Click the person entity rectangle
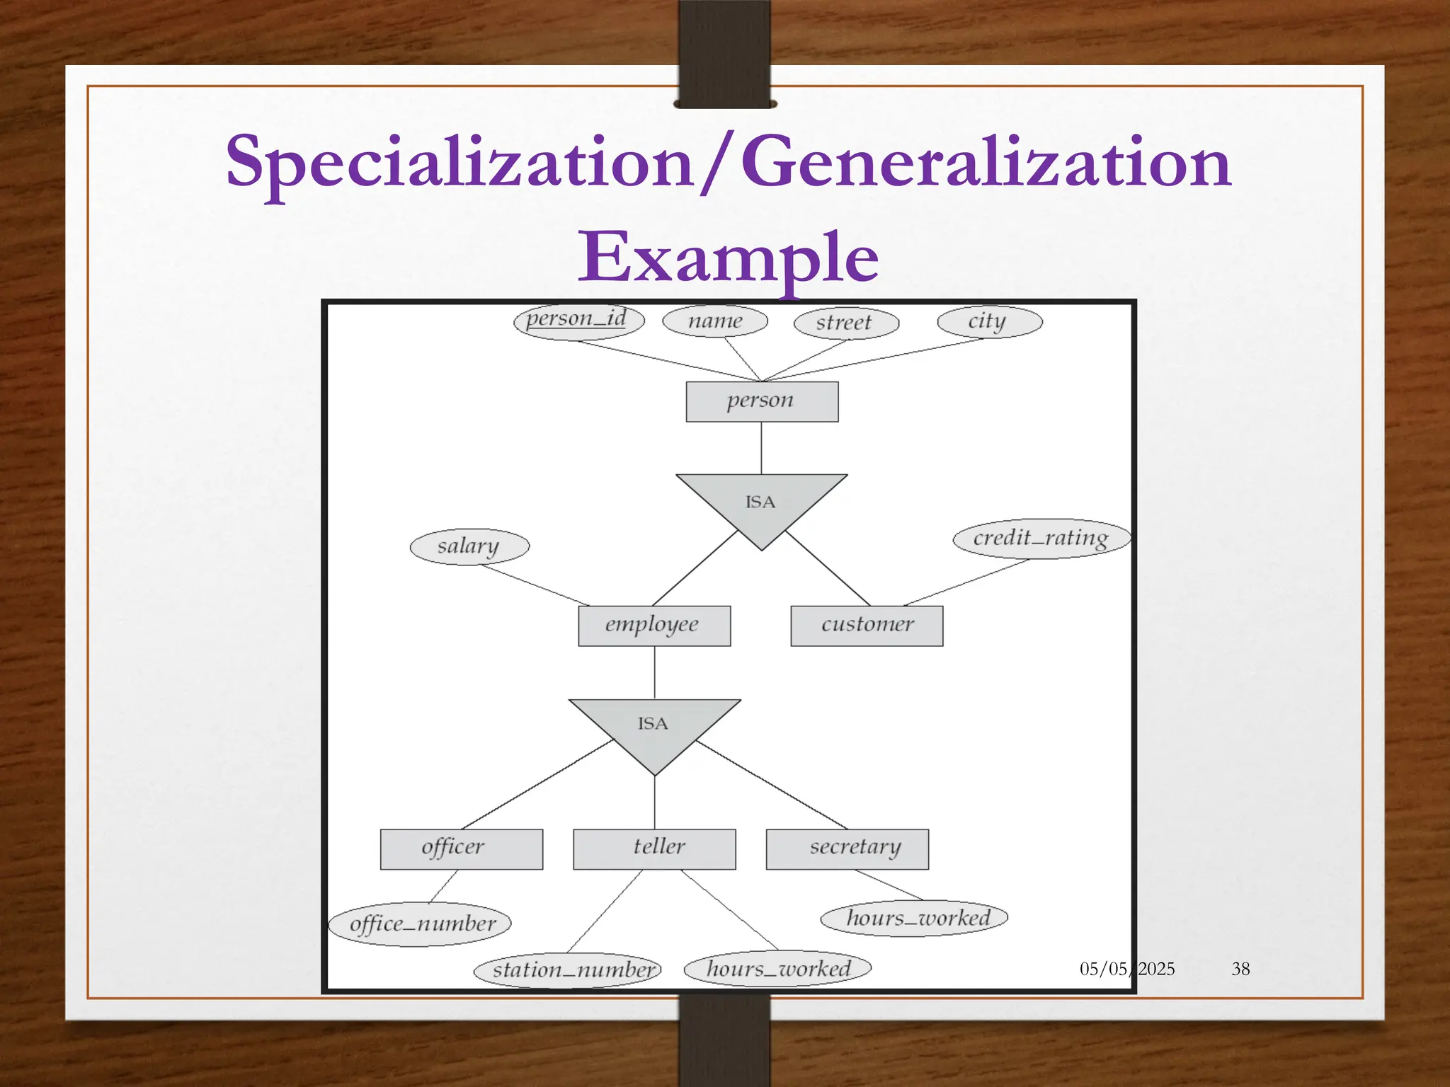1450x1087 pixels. [x=762, y=401]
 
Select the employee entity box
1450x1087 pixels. [x=654, y=626]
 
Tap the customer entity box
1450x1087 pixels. [x=867, y=626]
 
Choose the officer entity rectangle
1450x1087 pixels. [x=461, y=849]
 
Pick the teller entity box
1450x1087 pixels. [x=654, y=849]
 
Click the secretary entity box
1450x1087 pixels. [x=847, y=849]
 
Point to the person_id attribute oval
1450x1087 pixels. [x=578, y=321]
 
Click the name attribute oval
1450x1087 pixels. [x=715, y=321]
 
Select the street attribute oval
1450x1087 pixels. [x=846, y=323]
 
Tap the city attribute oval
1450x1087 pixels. [x=989, y=322]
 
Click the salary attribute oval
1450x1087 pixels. [x=469, y=546]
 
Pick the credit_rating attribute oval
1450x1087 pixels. [x=1041, y=539]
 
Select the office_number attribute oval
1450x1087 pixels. [x=421, y=924]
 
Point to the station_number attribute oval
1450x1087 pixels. [x=567, y=970]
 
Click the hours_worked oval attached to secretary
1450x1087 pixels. [x=914, y=919]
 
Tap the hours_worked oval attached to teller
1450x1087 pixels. [x=777, y=968]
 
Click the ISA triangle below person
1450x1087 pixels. [x=761, y=504]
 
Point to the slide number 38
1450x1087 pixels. [x=1240, y=969]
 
